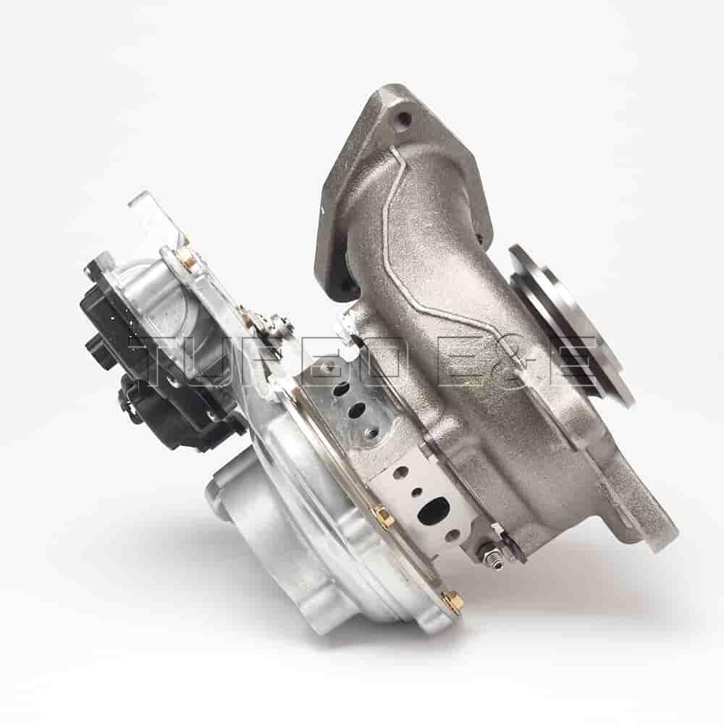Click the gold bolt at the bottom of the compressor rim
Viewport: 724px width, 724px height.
pyautogui.click(x=450, y=601)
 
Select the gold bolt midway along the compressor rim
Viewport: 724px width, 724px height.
pyautogui.click(x=382, y=516)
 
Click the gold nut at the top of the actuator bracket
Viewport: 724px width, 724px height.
pyautogui.click(x=183, y=253)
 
